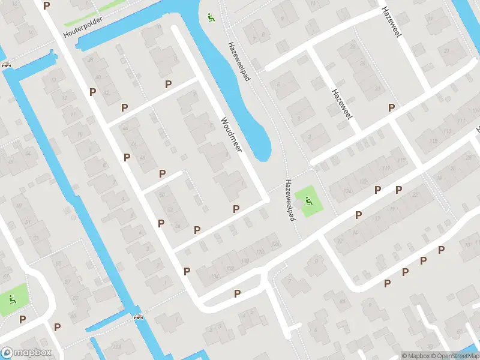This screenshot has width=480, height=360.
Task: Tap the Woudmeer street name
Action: [x=230, y=134]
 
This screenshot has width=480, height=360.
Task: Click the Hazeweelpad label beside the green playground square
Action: [x=291, y=200]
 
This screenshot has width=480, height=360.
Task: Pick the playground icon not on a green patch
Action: [x=210, y=17]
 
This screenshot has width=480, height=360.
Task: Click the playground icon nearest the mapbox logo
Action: [x=12, y=299]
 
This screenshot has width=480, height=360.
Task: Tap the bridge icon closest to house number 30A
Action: [x=139, y=317]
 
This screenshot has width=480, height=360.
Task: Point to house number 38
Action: [x=91, y=59]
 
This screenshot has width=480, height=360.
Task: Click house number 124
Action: [x=347, y=191]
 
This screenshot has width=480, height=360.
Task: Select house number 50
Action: [x=161, y=194]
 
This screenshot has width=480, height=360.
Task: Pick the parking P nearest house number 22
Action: [x=398, y=190]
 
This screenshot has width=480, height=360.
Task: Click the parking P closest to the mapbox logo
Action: [x=22, y=319]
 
